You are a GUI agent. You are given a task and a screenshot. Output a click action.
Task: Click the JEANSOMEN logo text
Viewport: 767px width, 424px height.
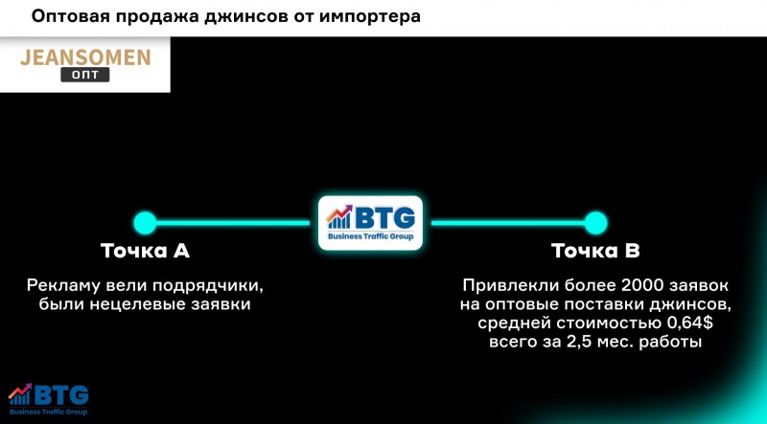tap(85, 57)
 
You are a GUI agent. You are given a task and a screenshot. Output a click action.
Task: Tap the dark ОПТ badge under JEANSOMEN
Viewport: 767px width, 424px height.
tap(85, 75)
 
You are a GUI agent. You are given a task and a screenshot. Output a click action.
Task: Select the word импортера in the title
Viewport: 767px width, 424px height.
tap(370, 17)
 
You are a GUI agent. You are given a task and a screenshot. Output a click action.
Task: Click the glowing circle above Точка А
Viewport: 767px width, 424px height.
tap(145, 223)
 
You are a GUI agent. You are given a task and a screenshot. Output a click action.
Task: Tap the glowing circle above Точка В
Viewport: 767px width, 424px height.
tap(595, 223)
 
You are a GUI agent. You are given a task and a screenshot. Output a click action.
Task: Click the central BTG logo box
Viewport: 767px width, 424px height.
tap(370, 223)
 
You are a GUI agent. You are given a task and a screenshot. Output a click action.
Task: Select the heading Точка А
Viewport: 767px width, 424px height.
tap(145, 251)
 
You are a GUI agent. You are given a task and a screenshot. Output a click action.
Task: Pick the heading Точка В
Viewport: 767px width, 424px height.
tap(595, 251)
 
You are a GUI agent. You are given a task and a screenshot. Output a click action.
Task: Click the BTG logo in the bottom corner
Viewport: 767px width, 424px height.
tap(48, 399)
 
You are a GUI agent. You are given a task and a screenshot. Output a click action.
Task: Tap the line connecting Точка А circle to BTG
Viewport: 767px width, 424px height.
tap(233, 223)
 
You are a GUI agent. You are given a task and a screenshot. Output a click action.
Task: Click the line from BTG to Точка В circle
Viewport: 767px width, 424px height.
tap(507, 223)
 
